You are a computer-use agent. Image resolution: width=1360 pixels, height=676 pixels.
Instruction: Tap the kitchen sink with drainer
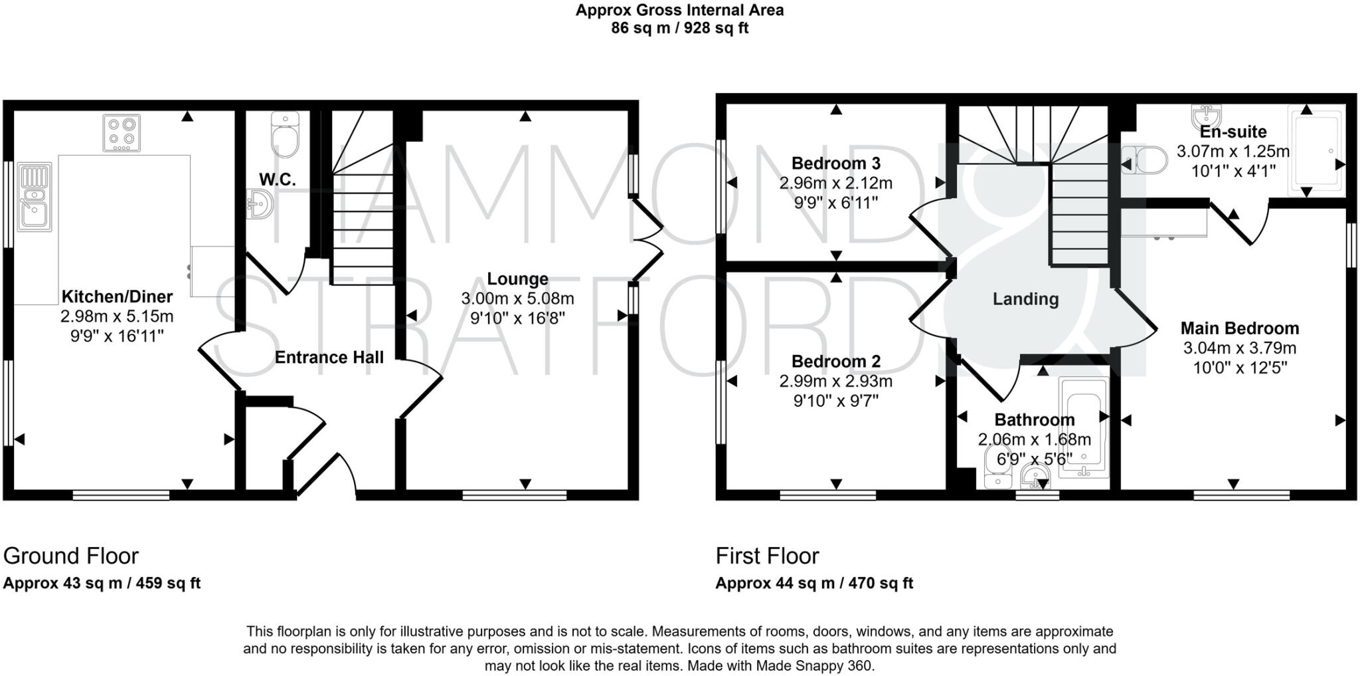[x=35, y=197]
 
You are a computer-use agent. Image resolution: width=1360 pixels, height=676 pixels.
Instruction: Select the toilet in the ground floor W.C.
[x=286, y=136]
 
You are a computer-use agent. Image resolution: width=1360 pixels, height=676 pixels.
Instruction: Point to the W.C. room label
[x=278, y=179]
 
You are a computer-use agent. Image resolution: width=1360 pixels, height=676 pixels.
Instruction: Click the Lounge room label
[x=517, y=279]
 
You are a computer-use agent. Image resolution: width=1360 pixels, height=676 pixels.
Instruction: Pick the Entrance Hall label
[x=329, y=358]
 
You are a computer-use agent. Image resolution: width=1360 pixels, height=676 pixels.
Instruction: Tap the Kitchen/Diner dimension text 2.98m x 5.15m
[x=117, y=316]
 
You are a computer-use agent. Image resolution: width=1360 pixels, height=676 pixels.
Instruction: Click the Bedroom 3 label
[x=835, y=163]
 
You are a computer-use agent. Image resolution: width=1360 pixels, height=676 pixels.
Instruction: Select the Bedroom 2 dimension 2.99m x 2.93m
[x=835, y=382]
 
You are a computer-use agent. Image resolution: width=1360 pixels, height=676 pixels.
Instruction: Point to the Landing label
[x=1025, y=299]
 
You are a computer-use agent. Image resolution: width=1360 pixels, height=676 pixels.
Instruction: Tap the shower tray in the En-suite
[x=1316, y=150]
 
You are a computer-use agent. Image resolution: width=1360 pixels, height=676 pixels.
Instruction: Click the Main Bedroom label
[x=1239, y=328]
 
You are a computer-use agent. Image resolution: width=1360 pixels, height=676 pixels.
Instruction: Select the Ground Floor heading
[x=71, y=556]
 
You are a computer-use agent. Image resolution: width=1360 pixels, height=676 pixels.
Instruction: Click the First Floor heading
[x=767, y=556]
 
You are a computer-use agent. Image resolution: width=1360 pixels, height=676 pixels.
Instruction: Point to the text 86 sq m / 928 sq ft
[x=679, y=29]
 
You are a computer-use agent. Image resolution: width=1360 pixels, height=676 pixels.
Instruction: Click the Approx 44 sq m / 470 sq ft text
[x=813, y=584]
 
